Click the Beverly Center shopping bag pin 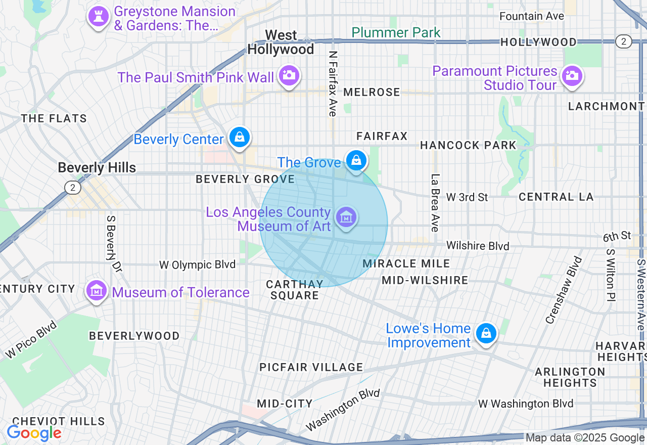pos(240,137)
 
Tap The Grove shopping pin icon pos(356,161)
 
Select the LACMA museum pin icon pos(346,218)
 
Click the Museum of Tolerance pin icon pos(96,291)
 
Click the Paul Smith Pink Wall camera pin pos(289,76)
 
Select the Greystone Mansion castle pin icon pos(99,17)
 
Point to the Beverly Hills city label pos(97,168)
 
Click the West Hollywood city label pos(281,42)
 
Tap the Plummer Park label pos(396,33)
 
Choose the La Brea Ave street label pos(434,203)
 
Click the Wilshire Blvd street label pos(478,246)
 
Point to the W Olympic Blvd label pos(197,264)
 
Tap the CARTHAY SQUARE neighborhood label pos(294,290)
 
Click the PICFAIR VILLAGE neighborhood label pos(311,367)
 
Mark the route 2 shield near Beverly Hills pos(73,188)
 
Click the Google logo pos(34,433)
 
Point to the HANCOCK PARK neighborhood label pos(468,146)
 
